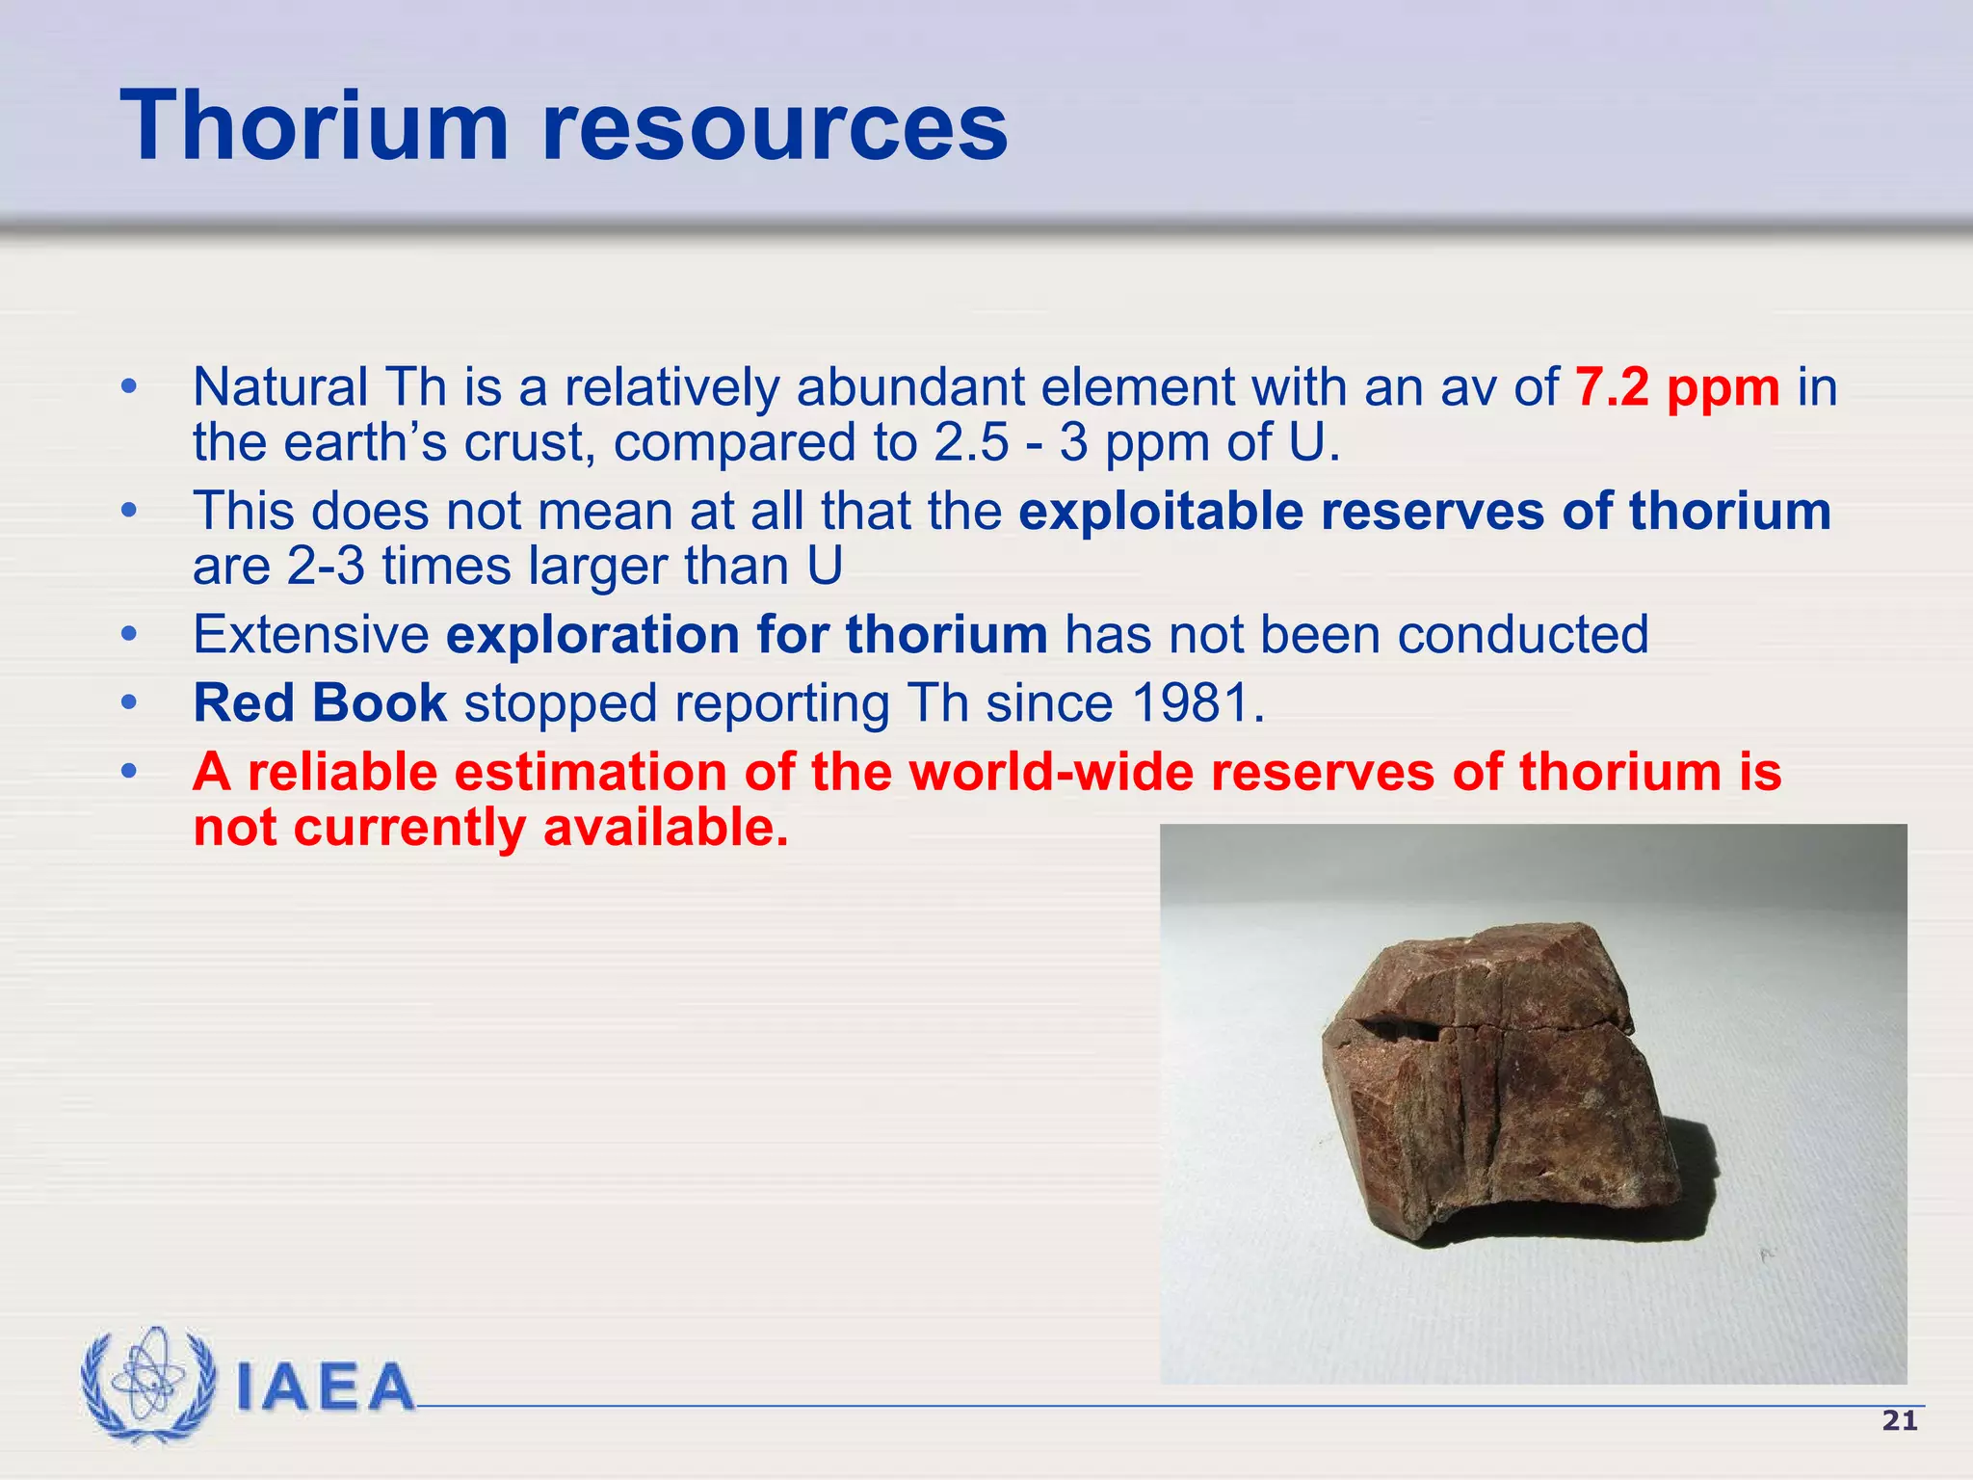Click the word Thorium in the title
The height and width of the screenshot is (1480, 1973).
tap(314, 126)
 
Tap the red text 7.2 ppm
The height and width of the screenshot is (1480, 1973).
tap(1677, 387)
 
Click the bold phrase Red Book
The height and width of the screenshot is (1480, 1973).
tap(320, 702)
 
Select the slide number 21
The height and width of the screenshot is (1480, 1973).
tap(1899, 1421)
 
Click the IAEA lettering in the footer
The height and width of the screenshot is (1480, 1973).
tap(326, 1387)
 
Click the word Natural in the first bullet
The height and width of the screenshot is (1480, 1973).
tap(280, 387)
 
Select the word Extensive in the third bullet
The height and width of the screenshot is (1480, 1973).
tap(310, 635)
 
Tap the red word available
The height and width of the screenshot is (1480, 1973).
tap(665, 828)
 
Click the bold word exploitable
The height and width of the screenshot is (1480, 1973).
tap(1161, 511)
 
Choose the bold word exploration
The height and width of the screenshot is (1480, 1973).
tap(592, 635)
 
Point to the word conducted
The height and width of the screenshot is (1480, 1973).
tap(1522, 635)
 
